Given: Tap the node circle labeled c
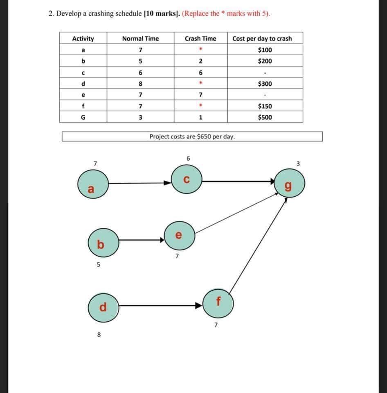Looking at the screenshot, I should [x=187, y=179].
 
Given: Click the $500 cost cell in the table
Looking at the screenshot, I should [x=265, y=117].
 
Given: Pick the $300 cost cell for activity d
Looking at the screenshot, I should [x=265, y=84].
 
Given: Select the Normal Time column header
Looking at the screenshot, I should [x=140, y=39].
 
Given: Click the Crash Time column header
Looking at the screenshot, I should [x=200, y=39].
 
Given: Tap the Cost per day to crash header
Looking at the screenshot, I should [x=262, y=39].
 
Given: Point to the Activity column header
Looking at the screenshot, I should [x=83, y=39].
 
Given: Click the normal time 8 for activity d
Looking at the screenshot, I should [x=140, y=84].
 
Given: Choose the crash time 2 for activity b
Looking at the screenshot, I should [x=200, y=61].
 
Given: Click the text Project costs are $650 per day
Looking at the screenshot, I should [x=192, y=136].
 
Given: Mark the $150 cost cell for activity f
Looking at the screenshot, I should [x=265, y=106].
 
